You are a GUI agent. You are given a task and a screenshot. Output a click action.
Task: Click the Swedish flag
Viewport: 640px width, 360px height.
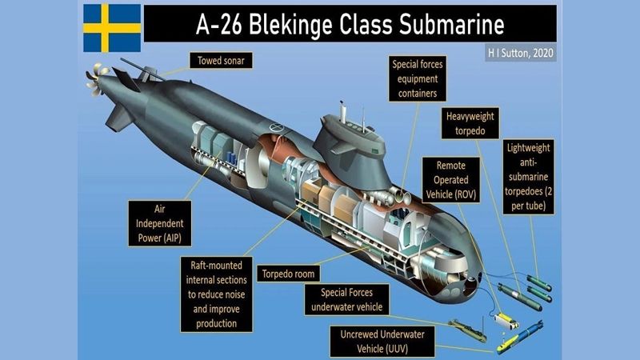(112, 27)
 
